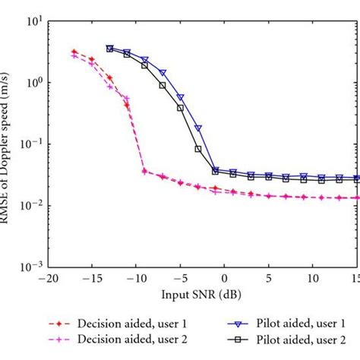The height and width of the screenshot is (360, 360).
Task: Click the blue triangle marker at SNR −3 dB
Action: point(197,128)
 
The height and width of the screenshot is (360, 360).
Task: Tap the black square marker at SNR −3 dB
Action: point(197,149)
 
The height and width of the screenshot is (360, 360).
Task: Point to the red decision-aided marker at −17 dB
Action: point(74,52)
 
